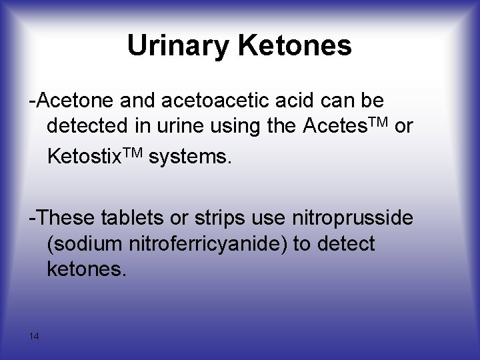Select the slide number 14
(34, 337)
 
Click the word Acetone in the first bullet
(75, 101)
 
